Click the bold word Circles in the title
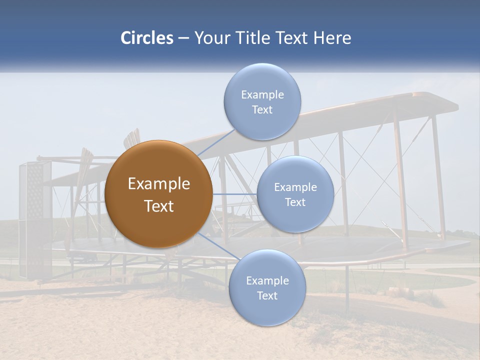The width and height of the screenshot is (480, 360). pyautogui.click(x=146, y=38)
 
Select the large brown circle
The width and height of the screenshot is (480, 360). pyautogui.click(x=158, y=194)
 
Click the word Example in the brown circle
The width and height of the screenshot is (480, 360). pyautogui.click(x=158, y=184)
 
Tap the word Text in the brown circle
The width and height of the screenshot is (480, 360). pyautogui.click(x=158, y=206)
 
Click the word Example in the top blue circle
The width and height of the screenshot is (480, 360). pyautogui.click(x=262, y=94)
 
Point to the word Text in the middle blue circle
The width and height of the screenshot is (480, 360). pyautogui.click(x=295, y=202)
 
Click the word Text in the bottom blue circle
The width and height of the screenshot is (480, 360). pyautogui.click(x=267, y=295)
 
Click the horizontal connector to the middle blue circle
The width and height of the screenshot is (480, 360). pyautogui.click(x=234, y=194)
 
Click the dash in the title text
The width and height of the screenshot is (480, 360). pyautogui.click(x=183, y=38)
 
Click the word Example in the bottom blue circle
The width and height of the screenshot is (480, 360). pyautogui.click(x=267, y=280)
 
